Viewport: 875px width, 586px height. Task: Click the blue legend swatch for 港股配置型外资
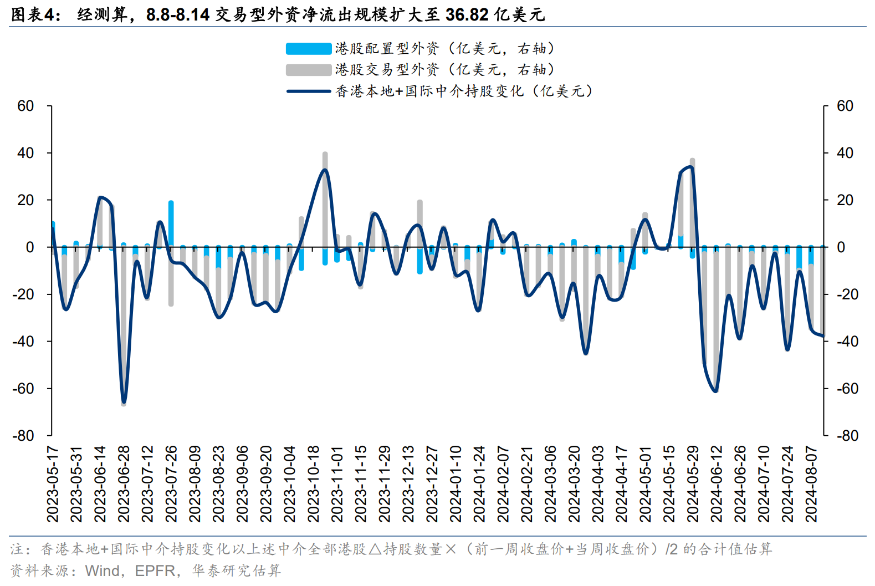click(x=308, y=49)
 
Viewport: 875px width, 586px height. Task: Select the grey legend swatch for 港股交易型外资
click(x=308, y=70)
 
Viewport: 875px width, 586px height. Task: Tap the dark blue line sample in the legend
click(x=308, y=91)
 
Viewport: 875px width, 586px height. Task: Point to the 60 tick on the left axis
click(x=25, y=106)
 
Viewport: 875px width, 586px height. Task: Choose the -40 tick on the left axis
click(x=23, y=342)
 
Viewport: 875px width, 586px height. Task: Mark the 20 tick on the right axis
click(x=845, y=200)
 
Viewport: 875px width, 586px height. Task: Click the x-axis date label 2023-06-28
click(x=124, y=483)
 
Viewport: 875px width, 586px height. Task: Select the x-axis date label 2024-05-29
click(x=693, y=483)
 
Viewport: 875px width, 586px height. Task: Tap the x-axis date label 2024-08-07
click(x=811, y=483)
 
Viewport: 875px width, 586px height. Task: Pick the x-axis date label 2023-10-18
click(x=314, y=483)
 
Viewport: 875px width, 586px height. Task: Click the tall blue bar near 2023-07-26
click(x=171, y=222)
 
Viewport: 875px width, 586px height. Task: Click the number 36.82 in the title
click(x=467, y=14)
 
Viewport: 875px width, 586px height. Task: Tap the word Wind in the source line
click(x=103, y=570)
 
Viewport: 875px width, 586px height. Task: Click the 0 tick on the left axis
click(x=30, y=247)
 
